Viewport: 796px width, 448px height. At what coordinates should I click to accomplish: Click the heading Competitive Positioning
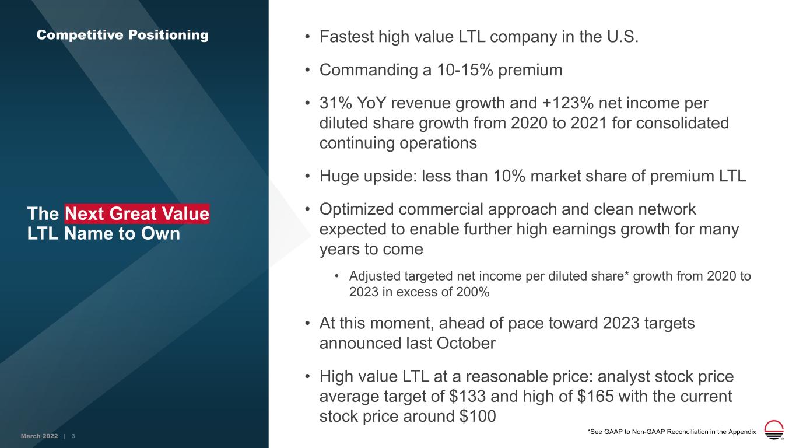click(x=122, y=35)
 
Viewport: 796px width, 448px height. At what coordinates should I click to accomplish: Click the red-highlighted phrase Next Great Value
click(x=137, y=213)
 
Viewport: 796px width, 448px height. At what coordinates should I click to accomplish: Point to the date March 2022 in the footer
click(x=40, y=436)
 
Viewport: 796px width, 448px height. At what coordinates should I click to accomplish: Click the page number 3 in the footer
click(x=73, y=436)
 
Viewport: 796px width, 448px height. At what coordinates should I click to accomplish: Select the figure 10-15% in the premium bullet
click(x=465, y=69)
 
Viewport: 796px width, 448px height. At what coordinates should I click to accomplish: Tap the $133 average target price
click(x=467, y=396)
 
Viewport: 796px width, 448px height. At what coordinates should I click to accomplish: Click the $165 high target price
click(x=595, y=396)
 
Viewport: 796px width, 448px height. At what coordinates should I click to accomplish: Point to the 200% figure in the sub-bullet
click(x=472, y=292)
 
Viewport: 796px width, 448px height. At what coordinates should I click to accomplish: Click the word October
click(x=466, y=343)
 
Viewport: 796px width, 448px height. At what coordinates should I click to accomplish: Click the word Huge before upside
click(x=339, y=176)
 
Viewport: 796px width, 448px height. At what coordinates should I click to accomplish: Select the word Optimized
click(x=356, y=209)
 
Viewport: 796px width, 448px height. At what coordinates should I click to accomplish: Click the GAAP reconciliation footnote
click(x=672, y=432)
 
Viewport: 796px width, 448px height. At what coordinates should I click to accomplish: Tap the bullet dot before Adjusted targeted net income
click(x=336, y=276)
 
